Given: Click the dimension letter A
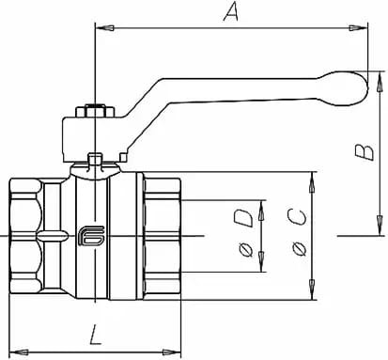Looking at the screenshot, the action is click(231, 12).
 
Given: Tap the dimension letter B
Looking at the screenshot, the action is click(365, 152).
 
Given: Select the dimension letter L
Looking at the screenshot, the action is click(95, 335).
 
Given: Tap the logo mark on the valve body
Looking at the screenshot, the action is click(91, 236).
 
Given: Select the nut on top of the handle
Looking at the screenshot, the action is click(95, 111).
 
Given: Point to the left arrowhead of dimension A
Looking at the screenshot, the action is click(104, 28).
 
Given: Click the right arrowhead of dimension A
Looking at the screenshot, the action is click(359, 28).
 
